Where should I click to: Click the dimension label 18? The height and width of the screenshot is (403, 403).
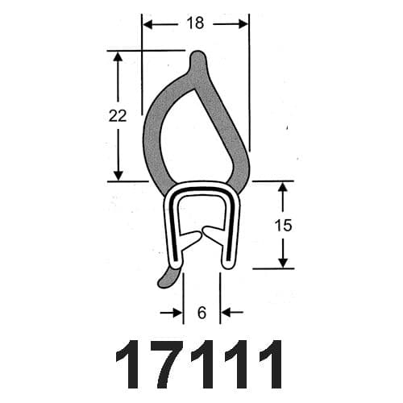click(x=195, y=23)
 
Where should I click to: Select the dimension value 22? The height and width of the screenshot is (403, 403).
click(x=118, y=116)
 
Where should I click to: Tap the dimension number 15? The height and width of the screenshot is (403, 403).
click(x=283, y=225)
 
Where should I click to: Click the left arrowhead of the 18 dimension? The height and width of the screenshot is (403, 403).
click(x=148, y=24)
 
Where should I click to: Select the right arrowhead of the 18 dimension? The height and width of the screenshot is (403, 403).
click(x=243, y=24)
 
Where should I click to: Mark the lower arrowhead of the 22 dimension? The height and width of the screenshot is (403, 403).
click(x=118, y=175)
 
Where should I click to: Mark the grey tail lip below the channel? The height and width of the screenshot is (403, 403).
click(x=166, y=277)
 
